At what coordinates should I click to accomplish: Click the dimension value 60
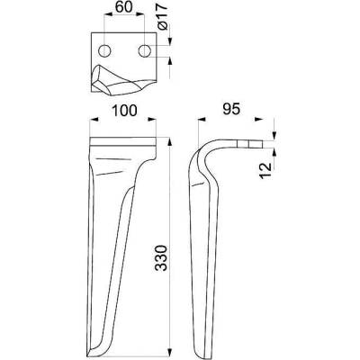tap(123, 6)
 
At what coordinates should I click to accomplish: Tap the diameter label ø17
tap(162, 19)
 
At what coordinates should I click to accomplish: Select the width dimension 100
tap(124, 111)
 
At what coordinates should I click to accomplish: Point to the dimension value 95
tap(231, 110)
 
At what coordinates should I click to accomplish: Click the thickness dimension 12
tap(265, 171)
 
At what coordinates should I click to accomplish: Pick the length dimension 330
tap(162, 258)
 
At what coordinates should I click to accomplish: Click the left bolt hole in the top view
tap(104, 51)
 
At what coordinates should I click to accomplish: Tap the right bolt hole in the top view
tap(144, 51)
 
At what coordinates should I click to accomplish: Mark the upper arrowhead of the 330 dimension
tap(170, 142)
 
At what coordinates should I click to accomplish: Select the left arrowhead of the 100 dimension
tap(94, 120)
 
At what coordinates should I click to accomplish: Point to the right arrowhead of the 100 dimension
tap(152, 120)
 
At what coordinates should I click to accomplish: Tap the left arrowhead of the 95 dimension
tap(202, 120)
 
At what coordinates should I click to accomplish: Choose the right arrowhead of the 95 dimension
tap(259, 120)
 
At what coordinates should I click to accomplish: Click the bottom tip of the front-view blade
tap(88, 357)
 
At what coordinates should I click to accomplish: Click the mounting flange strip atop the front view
tap(123, 141)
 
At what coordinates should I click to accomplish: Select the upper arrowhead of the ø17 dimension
tap(170, 40)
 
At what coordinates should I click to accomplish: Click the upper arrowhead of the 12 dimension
tap(274, 135)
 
